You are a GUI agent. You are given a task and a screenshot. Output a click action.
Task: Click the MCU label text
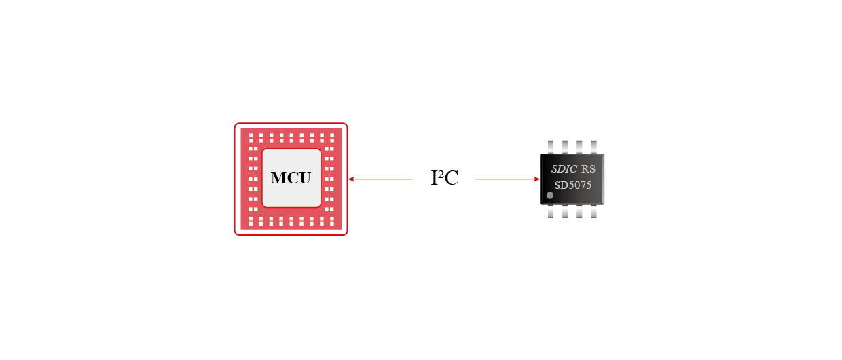pyautogui.click(x=291, y=179)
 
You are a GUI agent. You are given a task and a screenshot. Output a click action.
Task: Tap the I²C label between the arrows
pyautogui.click(x=445, y=179)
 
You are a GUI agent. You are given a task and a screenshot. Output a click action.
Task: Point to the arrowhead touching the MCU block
pyautogui.click(x=350, y=179)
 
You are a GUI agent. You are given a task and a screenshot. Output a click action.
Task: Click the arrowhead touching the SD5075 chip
pyautogui.click(x=536, y=179)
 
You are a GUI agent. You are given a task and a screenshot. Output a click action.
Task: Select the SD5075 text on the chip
pyautogui.click(x=572, y=185)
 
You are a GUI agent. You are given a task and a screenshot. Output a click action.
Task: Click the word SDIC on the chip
pyautogui.click(x=564, y=169)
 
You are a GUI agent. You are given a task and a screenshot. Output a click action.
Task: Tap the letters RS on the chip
pyautogui.click(x=588, y=169)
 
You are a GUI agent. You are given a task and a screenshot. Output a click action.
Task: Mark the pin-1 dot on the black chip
pyautogui.click(x=550, y=196)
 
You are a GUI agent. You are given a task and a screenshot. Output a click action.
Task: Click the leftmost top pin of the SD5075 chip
pyautogui.click(x=550, y=146)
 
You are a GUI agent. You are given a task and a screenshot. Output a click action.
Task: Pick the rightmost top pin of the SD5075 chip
pyautogui.click(x=594, y=146)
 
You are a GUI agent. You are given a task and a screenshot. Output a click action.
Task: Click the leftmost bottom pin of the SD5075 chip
pyautogui.click(x=550, y=212)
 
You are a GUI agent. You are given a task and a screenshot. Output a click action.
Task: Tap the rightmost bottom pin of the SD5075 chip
pyautogui.click(x=594, y=212)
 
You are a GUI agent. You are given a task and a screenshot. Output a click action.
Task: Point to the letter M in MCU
pyautogui.click(x=278, y=179)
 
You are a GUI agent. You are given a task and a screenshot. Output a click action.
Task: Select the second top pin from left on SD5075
pyautogui.click(x=565, y=146)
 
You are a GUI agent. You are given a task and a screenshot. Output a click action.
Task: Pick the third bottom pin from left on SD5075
pyautogui.click(x=579, y=212)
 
